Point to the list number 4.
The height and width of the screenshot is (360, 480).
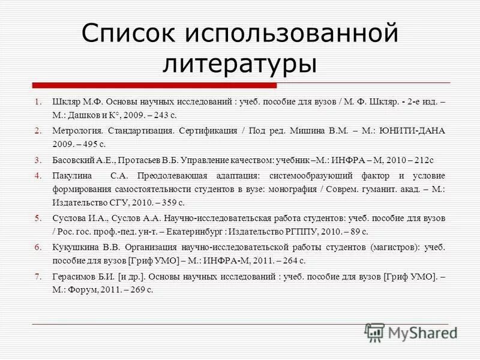point(37,175)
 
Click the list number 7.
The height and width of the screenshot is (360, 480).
point(37,277)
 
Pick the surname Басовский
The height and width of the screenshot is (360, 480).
point(73,160)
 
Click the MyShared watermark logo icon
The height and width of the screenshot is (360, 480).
point(374,331)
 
